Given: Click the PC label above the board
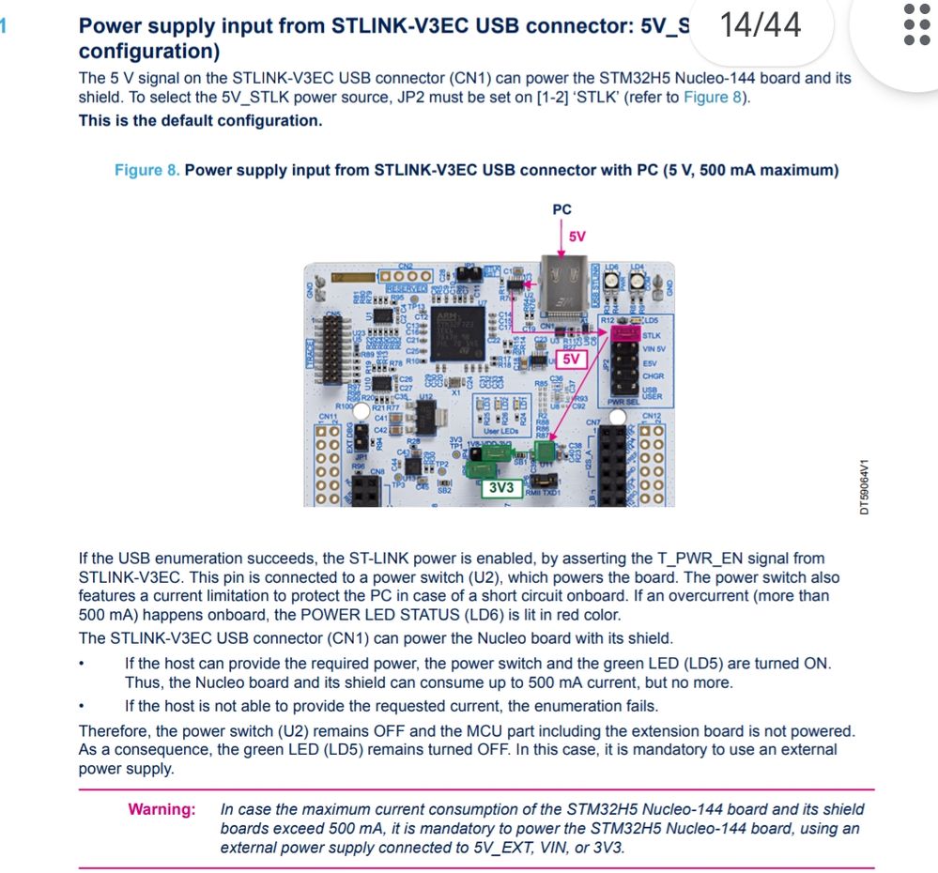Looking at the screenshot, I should coord(561,209).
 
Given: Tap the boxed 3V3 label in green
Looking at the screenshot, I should coord(501,488).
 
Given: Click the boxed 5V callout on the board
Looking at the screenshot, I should coord(570,359).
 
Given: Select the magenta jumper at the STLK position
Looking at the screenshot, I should coord(626,333).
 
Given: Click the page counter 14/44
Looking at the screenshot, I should coord(761,24).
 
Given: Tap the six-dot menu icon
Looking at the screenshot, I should coord(915,24).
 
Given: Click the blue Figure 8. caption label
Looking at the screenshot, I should coord(146,171).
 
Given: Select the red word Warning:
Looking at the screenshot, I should coord(161,809).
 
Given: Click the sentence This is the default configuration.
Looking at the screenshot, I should coord(200,121).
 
